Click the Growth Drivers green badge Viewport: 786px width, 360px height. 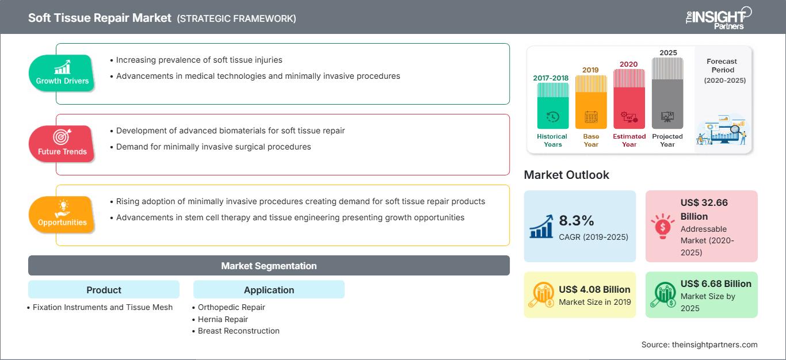(x=62, y=73)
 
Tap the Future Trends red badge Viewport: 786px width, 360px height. (x=62, y=144)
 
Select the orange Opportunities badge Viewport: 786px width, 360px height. (x=62, y=215)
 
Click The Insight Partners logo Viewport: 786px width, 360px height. (x=719, y=18)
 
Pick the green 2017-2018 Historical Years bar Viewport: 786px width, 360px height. (x=552, y=106)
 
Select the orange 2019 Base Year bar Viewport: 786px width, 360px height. (x=591, y=102)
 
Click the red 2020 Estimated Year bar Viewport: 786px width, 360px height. (x=629, y=99)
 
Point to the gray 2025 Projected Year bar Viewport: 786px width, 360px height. (x=667, y=93)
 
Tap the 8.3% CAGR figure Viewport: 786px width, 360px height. (x=577, y=220)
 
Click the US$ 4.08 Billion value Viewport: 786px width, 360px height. (x=594, y=289)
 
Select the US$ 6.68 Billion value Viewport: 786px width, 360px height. (x=716, y=284)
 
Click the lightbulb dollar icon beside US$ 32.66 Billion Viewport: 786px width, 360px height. (x=662, y=226)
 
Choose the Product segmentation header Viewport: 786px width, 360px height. (x=104, y=289)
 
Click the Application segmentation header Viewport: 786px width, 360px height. (x=269, y=289)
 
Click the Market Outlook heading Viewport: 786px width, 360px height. (x=566, y=175)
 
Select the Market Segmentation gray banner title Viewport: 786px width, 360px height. (x=269, y=266)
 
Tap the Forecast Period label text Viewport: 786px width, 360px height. (x=722, y=66)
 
